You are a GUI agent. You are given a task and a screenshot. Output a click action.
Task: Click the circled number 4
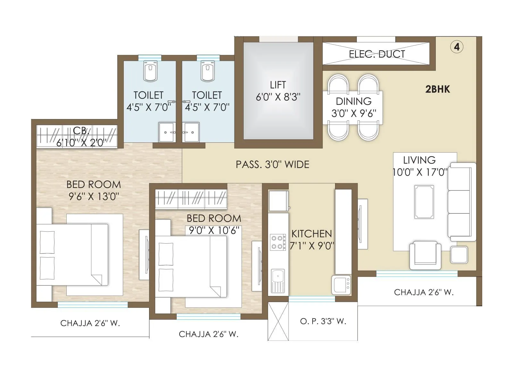click(457, 47)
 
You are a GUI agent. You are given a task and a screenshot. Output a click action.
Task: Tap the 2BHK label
click(437, 89)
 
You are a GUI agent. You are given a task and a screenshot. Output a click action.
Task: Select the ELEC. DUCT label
click(377, 54)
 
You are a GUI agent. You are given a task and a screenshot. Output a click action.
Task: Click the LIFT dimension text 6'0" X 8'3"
click(278, 97)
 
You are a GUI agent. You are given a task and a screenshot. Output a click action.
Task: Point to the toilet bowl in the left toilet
click(150, 72)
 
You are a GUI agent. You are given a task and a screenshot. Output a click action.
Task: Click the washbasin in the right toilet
click(191, 132)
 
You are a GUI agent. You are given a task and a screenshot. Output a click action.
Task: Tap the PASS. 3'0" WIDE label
click(273, 164)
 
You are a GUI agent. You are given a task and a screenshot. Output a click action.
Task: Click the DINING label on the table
click(354, 101)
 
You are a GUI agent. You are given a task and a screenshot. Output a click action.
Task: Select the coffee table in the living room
click(424, 202)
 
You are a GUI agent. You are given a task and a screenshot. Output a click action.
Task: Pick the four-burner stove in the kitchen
click(278, 242)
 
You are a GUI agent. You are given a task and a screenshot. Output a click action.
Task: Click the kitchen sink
click(278, 280)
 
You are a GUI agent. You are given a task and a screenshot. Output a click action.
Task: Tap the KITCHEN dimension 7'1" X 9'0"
click(312, 246)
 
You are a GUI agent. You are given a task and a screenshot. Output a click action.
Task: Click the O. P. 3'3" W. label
click(323, 321)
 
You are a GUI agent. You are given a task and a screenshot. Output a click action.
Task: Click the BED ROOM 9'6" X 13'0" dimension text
click(94, 196)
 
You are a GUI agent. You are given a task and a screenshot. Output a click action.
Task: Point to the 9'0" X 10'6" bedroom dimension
click(214, 230)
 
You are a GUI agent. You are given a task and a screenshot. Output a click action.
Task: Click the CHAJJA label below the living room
click(424, 292)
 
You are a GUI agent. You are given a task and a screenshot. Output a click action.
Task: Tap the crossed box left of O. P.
click(278, 321)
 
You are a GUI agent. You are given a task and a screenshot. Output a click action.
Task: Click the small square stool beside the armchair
click(458, 255)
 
